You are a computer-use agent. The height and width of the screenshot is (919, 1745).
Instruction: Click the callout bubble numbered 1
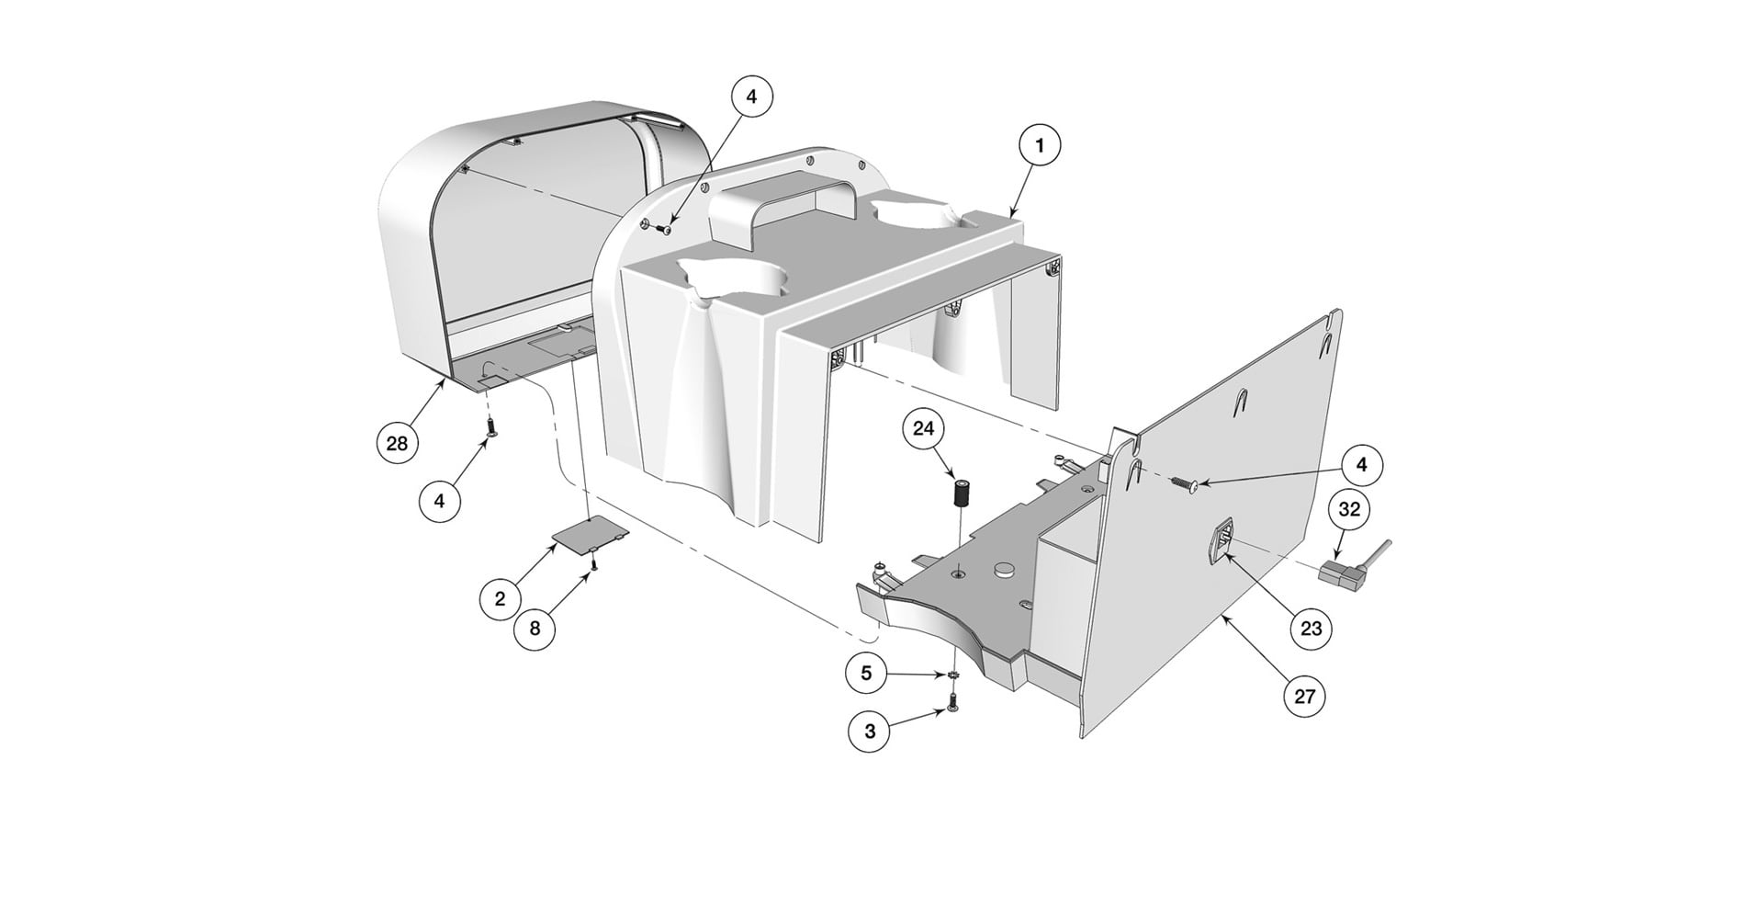coord(1040,146)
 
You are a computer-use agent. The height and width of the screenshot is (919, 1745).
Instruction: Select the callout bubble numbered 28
coord(397,444)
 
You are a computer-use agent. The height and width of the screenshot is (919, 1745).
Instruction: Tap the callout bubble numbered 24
coord(923,429)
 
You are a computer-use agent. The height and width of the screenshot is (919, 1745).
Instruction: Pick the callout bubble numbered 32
coord(1349,508)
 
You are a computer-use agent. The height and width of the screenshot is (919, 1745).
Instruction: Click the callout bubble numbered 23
coord(1311,628)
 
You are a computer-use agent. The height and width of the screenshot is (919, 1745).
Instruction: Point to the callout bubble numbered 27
coord(1305,697)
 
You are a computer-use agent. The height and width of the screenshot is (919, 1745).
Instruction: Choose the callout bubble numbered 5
coord(866,673)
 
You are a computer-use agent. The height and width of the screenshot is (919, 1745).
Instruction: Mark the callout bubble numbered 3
coord(870,732)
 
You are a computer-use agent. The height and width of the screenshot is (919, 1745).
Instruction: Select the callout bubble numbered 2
coord(500,599)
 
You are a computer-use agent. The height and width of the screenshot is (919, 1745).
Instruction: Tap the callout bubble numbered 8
coord(535,629)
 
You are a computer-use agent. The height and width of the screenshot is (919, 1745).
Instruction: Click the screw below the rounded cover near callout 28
coord(492,427)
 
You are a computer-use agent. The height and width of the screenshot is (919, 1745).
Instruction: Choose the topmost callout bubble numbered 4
coord(751,96)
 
